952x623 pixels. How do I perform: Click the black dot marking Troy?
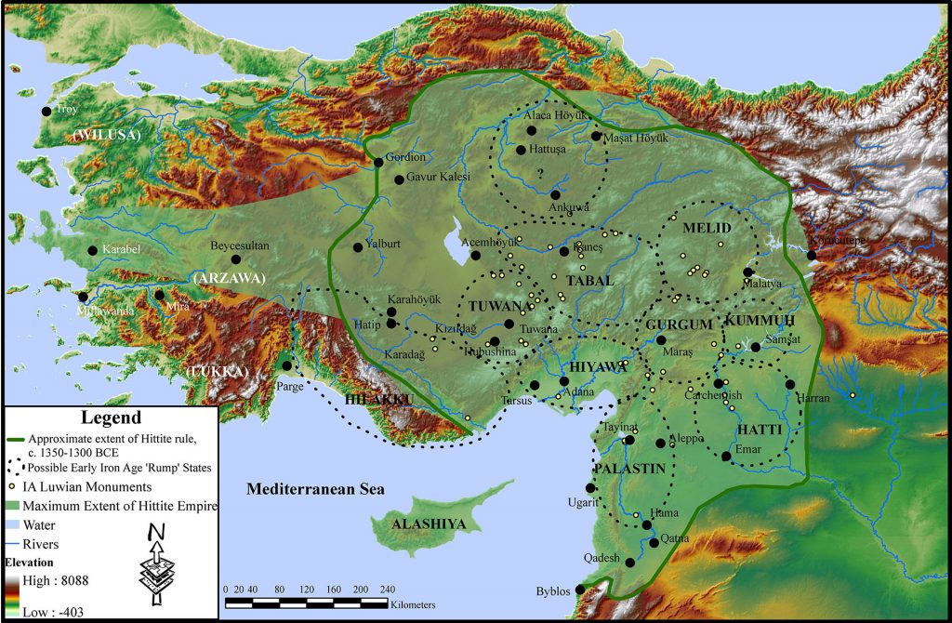point(46,111)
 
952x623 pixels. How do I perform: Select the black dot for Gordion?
point(378,163)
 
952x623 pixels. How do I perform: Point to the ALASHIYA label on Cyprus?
point(428,524)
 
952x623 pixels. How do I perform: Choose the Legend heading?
point(111,418)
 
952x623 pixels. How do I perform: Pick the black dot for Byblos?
point(581,589)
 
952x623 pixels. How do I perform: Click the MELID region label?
point(707,229)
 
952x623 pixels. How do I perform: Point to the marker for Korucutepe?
point(812,255)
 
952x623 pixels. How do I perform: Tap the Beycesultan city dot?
point(236,259)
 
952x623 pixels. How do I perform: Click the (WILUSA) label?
point(106,136)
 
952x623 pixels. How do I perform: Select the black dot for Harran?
point(789,384)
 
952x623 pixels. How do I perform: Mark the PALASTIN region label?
point(630,470)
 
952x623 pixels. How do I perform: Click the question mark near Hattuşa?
point(539,172)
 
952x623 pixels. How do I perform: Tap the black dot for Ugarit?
point(590,488)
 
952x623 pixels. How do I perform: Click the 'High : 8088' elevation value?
point(61,578)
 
